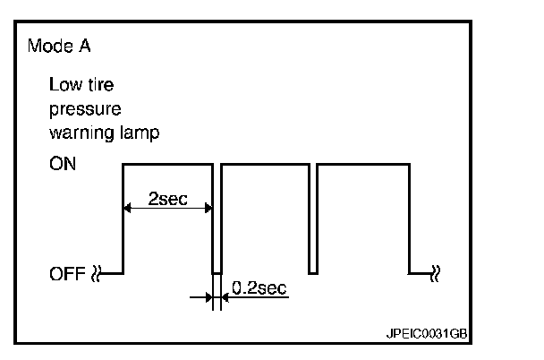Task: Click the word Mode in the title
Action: pos(46,46)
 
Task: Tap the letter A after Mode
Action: pos(76,46)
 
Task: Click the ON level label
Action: pos(64,166)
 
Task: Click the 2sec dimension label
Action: pos(166,199)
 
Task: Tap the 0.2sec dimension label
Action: pos(259,287)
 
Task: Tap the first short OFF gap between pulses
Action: pos(217,270)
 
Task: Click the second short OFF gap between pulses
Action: pos(313,270)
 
